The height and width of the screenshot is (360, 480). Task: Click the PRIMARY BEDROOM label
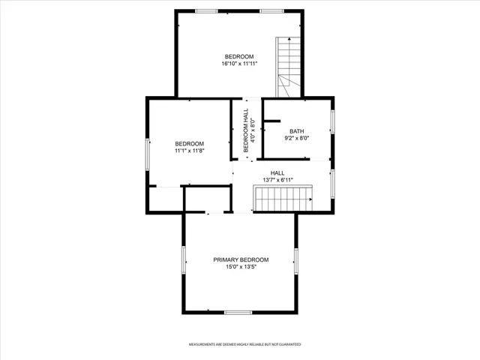[x=241, y=259]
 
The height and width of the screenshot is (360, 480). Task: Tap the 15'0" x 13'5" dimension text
[x=241, y=268]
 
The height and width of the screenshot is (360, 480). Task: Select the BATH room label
[x=298, y=131]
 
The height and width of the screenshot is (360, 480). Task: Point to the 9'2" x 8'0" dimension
[x=298, y=139]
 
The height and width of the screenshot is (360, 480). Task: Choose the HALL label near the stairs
[x=277, y=172]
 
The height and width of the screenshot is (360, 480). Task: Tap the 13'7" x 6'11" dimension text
[x=277, y=180]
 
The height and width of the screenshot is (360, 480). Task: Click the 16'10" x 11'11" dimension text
[x=239, y=64]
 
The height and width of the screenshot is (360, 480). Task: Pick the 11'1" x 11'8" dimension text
[x=190, y=151]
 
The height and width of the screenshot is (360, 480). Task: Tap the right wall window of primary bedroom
[x=296, y=261]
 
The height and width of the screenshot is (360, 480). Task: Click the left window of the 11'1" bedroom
[x=148, y=154]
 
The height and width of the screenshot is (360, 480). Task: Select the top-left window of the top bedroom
[x=206, y=10]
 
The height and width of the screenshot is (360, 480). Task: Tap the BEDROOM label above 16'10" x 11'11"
[x=239, y=56]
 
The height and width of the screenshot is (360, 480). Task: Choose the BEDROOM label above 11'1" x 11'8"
[x=190, y=143]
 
